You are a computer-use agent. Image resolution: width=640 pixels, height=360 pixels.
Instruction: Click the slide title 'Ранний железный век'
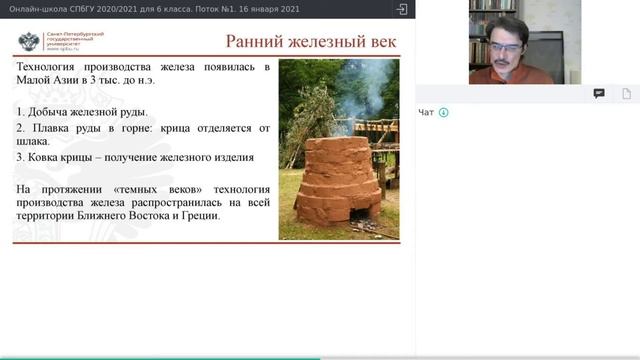point(311,41)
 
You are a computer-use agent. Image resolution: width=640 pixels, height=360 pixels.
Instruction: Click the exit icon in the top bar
point(402,9)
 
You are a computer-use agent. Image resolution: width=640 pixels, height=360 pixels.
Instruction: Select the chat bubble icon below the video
point(599,93)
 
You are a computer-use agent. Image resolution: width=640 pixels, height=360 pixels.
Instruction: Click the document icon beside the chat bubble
point(627,93)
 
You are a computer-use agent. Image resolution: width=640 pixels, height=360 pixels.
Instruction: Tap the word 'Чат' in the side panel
point(426,112)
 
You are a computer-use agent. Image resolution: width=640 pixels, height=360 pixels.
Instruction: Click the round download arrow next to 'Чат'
point(443,112)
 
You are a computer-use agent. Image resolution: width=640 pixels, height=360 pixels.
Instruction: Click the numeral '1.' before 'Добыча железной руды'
point(21,110)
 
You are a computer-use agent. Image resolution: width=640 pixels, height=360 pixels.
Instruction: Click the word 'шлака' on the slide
point(33,143)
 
